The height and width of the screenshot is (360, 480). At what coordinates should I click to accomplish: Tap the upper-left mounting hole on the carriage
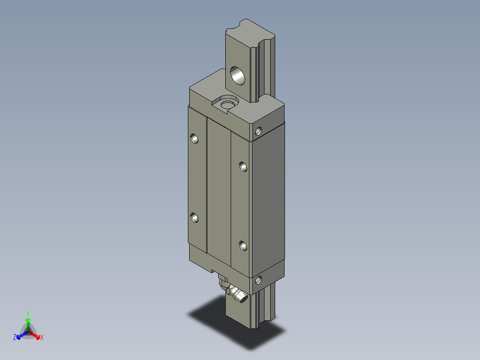tap(195, 139)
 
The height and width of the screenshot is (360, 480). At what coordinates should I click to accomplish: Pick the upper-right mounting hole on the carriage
tap(243, 167)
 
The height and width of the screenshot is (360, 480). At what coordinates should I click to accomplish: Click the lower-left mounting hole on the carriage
tap(195, 217)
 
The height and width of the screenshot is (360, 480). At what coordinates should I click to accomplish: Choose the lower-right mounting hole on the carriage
tap(243, 245)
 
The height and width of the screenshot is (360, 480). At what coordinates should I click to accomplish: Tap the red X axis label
tap(42, 337)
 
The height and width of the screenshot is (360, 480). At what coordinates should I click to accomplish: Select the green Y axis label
tap(28, 313)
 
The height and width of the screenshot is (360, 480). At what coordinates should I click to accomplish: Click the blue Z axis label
tap(15, 337)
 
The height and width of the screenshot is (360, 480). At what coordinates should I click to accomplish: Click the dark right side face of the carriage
tap(268, 200)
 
